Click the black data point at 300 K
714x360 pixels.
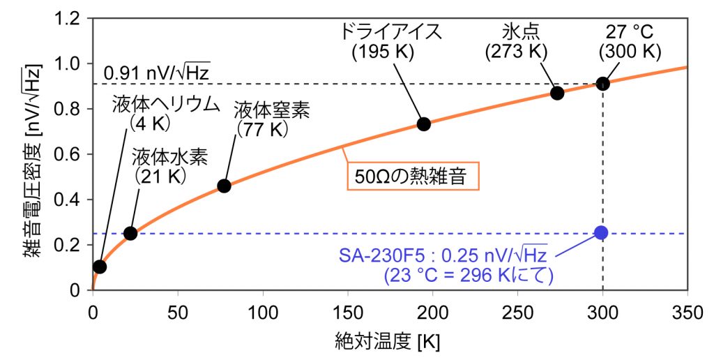(602, 84)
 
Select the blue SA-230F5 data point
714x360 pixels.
(602, 232)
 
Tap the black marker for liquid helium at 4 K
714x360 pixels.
(100, 267)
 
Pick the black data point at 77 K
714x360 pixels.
(224, 186)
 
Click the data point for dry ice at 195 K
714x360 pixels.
(423, 124)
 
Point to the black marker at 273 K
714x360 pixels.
(557, 93)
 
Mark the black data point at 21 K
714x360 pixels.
(130, 233)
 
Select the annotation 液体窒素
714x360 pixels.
(272, 110)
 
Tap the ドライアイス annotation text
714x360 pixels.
(391, 32)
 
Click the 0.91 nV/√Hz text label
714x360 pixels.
(156, 71)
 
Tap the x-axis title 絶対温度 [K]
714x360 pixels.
(389, 343)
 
